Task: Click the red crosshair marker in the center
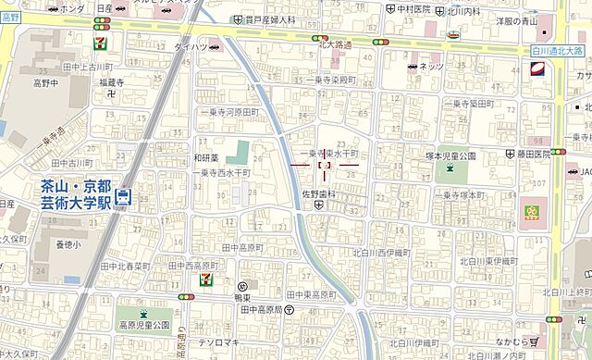324,165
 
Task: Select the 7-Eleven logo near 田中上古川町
98,43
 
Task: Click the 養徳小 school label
68,244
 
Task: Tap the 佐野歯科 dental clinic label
318,195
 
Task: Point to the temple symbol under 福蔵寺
111,93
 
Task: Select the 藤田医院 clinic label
533,156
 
